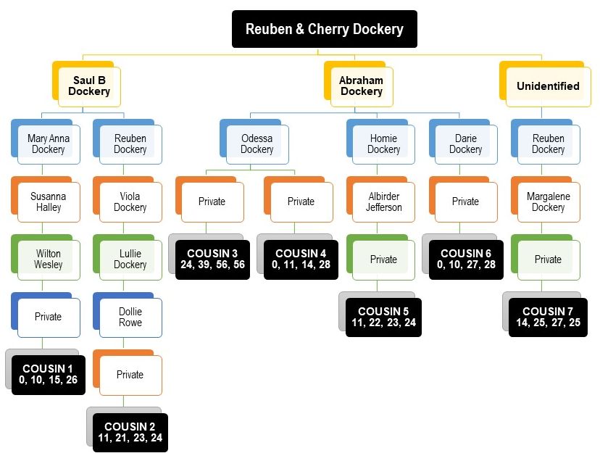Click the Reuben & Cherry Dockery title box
[x=324, y=30]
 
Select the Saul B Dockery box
[x=89, y=86]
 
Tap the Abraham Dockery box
[x=361, y=86]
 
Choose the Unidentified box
[x=548, y=86]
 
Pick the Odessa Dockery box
[x=257, y=144]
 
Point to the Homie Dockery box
[x=383, y=144]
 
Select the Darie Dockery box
[x=465, y=144]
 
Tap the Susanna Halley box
[x=49, y=202]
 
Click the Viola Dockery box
[x=130, y=202]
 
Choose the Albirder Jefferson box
[x=383, y=202]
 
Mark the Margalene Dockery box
[x=548, y=202]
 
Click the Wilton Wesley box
[x=49, y=259]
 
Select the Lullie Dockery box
[x=130, y=259]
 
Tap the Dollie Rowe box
[x=130, y=317]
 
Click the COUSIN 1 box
[x=49, y=375]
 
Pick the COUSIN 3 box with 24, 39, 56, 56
[x=213, y=259]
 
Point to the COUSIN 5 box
[x=383, y=317]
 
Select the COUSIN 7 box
[x=548, y=317]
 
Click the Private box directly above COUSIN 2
[x=130, y=375]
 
